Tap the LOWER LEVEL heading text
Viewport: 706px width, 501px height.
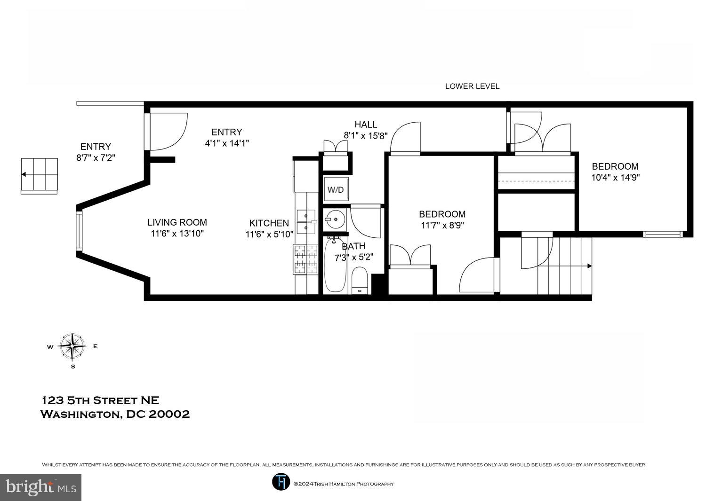point(472,86)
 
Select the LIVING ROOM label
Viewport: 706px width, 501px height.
point(177,222)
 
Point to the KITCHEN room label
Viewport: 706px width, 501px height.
point(269,223)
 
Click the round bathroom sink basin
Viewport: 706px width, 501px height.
point(335,219)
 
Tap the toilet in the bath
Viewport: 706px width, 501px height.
point(360,281)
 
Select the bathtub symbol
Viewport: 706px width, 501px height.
point(335,265)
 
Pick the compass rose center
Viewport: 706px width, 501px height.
point(72,346)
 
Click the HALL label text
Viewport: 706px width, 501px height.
point(366,125)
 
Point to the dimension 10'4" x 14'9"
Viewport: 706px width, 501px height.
point(615,178)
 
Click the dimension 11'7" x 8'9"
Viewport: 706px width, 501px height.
point(442,225)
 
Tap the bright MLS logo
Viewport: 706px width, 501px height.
point(40,487)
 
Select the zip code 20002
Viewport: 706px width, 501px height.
point(169,414)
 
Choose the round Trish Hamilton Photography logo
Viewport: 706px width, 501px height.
point(281,482)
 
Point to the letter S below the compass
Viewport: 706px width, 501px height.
point(73,367)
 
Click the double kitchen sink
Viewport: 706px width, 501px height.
point(306,221)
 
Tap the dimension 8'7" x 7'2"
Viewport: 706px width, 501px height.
point(96,157)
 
